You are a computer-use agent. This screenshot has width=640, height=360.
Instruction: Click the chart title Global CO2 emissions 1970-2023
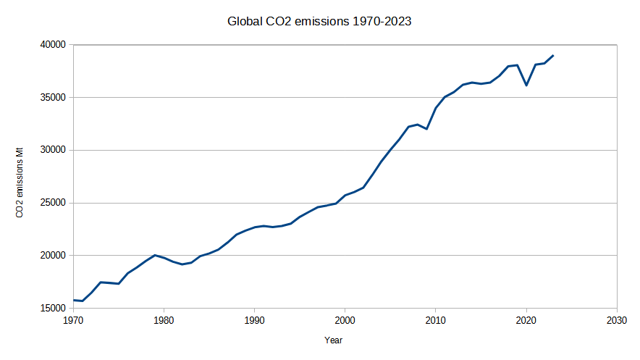(x=319, y=22)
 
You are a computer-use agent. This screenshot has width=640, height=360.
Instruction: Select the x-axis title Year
(x=334, y=339)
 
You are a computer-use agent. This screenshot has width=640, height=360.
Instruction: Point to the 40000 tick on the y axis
(x=54, y=45)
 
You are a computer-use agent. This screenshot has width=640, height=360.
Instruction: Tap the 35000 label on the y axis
(x=54, y=98)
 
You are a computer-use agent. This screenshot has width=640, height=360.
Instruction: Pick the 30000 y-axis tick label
(x=54, y=151)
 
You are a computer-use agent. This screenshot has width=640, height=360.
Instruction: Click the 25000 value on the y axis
(x=54, y=204)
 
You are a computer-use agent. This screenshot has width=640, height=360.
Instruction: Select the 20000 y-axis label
(x=54, y=256)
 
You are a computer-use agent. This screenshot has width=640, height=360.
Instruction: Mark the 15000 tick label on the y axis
(x=54, y=309)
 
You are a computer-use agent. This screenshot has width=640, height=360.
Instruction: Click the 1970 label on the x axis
(x=73, y=320)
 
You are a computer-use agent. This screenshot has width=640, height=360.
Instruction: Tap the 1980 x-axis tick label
(x=164, y=320)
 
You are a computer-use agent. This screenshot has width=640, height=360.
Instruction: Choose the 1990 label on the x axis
(x=254, y=320)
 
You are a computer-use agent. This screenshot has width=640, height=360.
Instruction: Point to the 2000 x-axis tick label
(x=345, y=320)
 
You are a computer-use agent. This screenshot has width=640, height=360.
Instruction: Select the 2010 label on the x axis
(x=435, y=320)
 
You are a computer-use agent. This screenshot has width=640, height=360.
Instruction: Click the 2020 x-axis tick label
(x=526, y=320)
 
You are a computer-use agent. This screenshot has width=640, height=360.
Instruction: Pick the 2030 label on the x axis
(x=616, y=320)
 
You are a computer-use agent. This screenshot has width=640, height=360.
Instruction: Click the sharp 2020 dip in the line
(x=526, y=85)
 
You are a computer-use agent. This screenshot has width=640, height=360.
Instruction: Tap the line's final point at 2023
(x=553, y=55)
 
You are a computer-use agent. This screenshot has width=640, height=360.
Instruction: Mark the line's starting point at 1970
(x=73, y=300)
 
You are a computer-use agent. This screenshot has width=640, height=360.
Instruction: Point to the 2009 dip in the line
(x=426, y=129)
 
